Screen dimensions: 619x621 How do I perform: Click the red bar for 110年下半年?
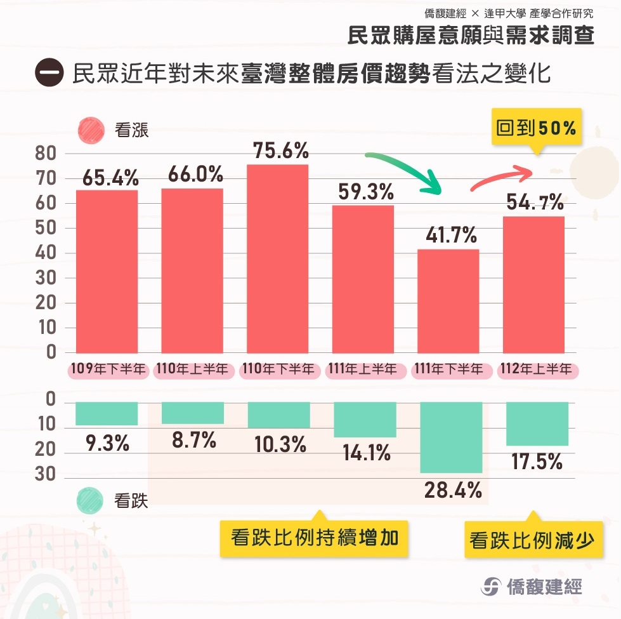[x=277, y=258]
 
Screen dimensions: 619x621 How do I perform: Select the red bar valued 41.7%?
[x=448, y=301]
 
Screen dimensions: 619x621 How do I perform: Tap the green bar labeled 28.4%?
[x=450, y=437]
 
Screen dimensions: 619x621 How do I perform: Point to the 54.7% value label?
[x=535, y=203]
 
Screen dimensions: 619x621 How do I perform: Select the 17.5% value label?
[x=537, y=462]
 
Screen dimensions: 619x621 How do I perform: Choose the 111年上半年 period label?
[x=362, y=369]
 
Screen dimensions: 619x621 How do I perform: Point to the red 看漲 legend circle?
[x=91, y=130]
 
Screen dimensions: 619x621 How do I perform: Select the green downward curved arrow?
[x=404, y=170]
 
